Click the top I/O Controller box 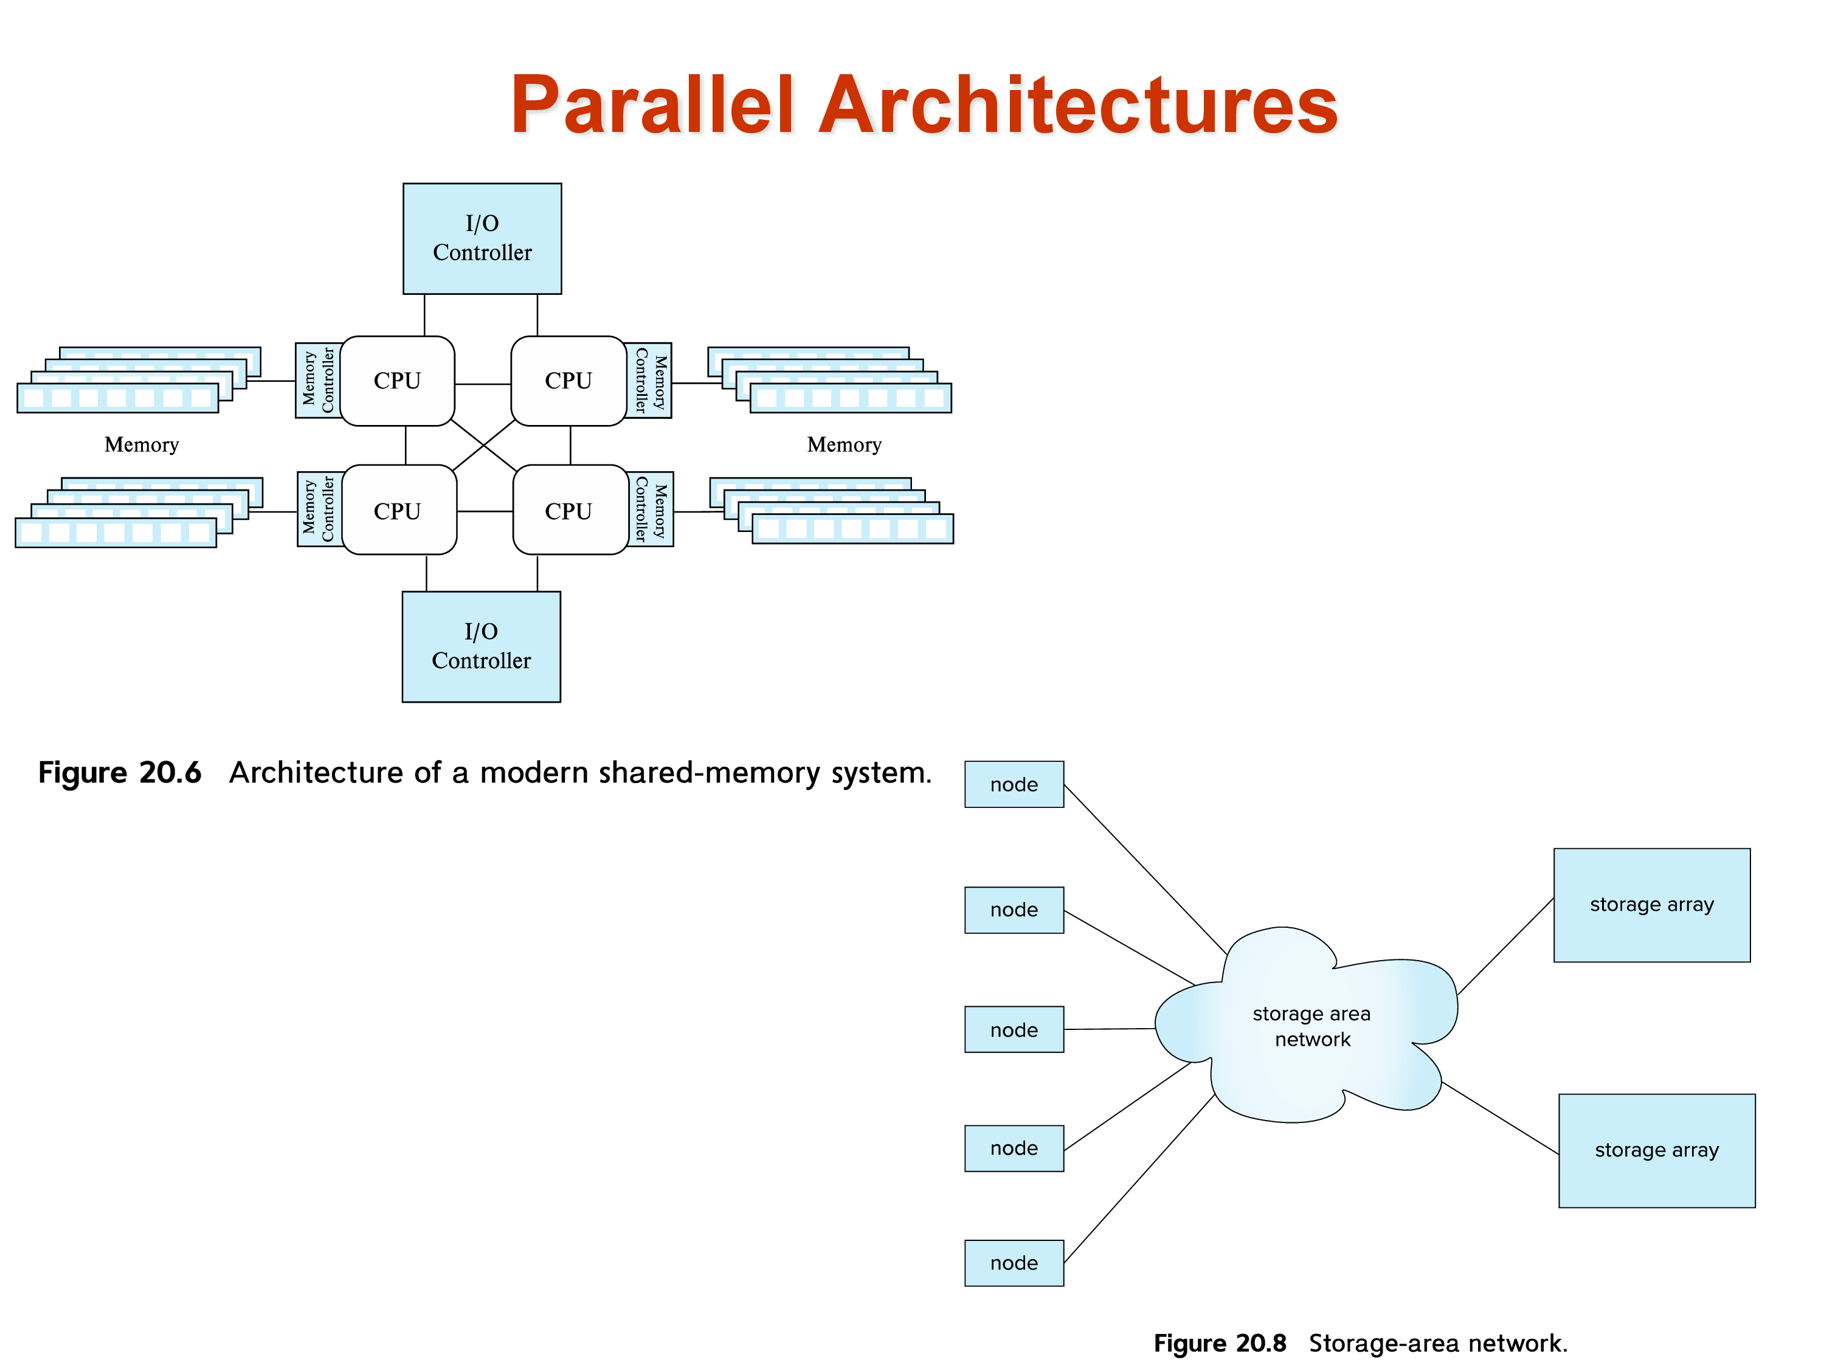pos(482,238)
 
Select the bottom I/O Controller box pos(481,646)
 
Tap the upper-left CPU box pos(398,381)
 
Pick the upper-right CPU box pos(568,381)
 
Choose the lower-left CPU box pos(398,511)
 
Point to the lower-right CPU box pos(569,511)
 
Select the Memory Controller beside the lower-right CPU pos(651,510)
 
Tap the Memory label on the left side pos(141,445)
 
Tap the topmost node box pos(1014,784)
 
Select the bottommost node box pos(1014,1262)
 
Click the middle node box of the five pos(1014,1029)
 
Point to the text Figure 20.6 pos(120,773)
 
